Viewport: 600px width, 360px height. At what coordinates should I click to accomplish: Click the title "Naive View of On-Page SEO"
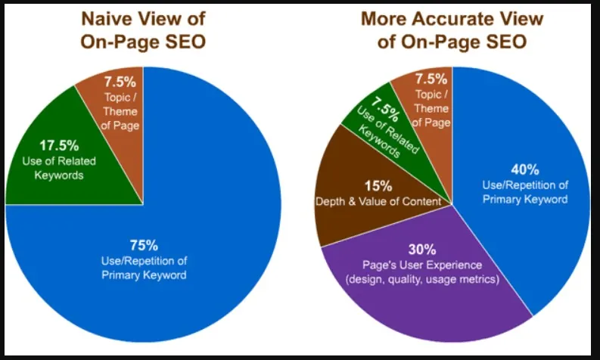tap(145, 29)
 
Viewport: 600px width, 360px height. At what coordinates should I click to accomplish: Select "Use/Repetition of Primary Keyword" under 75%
tap(144, 268)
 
